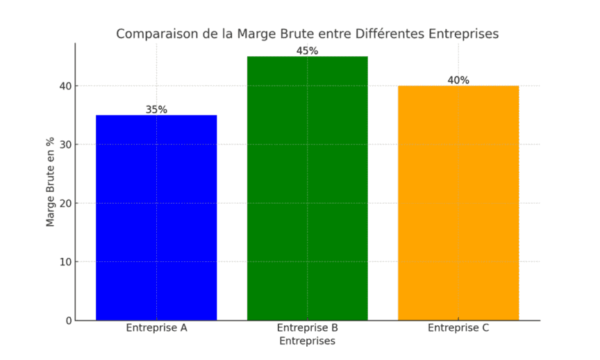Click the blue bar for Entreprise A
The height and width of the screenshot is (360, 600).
[156, 218]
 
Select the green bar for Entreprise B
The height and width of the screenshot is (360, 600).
[307, 188]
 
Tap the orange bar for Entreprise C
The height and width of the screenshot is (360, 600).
[458, 203]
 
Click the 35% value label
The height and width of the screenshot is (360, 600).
[156, 109]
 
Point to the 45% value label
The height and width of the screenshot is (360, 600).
[307, 51]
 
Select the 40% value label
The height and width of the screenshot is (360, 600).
[458, 80]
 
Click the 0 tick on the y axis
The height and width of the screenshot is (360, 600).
[68, 320]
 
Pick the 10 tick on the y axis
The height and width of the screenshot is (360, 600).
[65, 262]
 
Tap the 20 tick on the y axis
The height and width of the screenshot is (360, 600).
[65, 204]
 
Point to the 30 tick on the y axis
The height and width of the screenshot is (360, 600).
[65, 145]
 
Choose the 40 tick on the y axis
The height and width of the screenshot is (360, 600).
[65, 86]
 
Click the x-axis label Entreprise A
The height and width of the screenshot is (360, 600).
[156, 328]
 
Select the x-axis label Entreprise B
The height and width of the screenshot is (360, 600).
[307, 328]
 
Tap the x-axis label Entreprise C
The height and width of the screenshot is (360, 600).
[458, 328]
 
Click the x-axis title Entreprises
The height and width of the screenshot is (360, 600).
[307, 341]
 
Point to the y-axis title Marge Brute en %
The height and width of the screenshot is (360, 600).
[51, 181]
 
